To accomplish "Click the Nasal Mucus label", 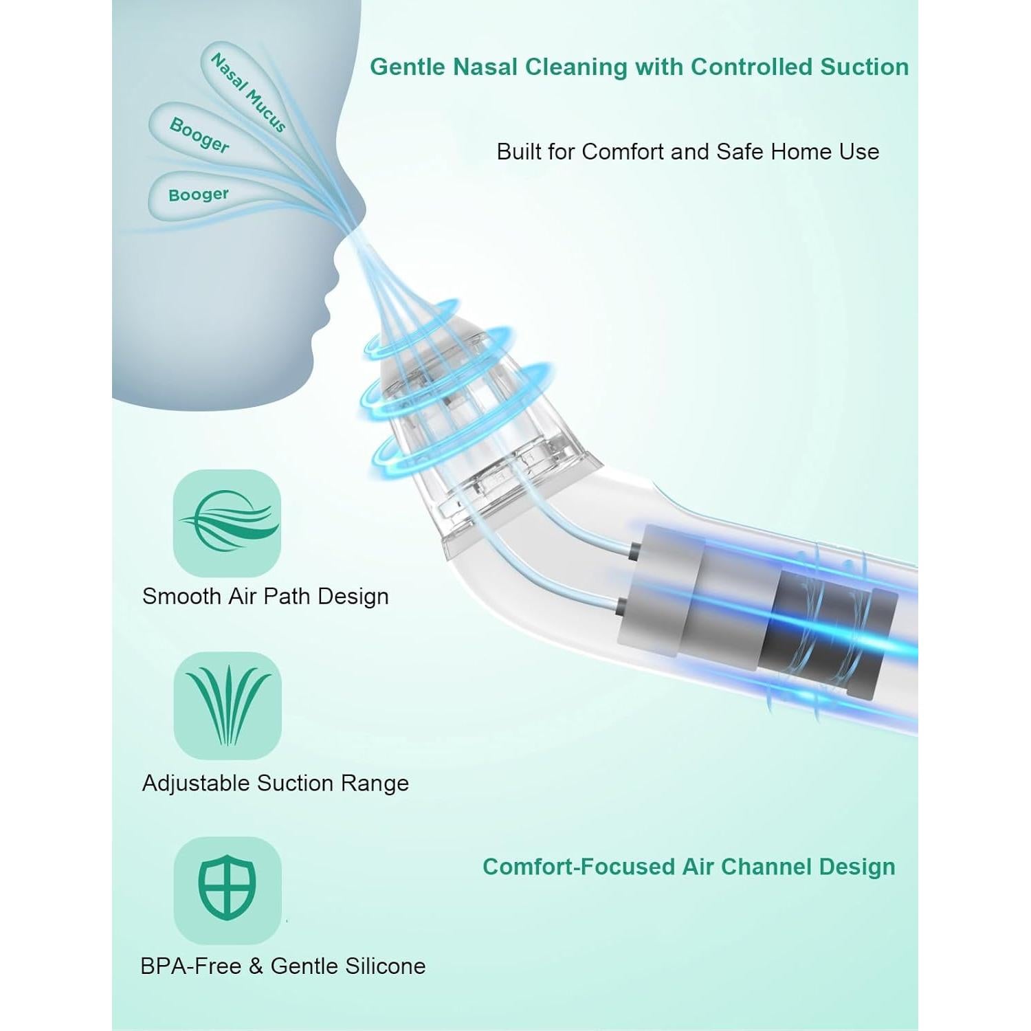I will pyautogui.click(x=247, y=93).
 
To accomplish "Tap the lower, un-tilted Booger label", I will pyautogui.click(x=199, y=195).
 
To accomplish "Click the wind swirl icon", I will pyautogui.click(x=228, y=523).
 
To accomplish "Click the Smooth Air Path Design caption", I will pyautogui.click(x=265, y=596).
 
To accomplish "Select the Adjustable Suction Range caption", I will pyautogui.click(x=275, y=783).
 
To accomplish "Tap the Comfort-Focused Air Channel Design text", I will pyautogui.click(x=689, y=867).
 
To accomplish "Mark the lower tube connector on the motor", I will pyautogui.click(x=621, y=606).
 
